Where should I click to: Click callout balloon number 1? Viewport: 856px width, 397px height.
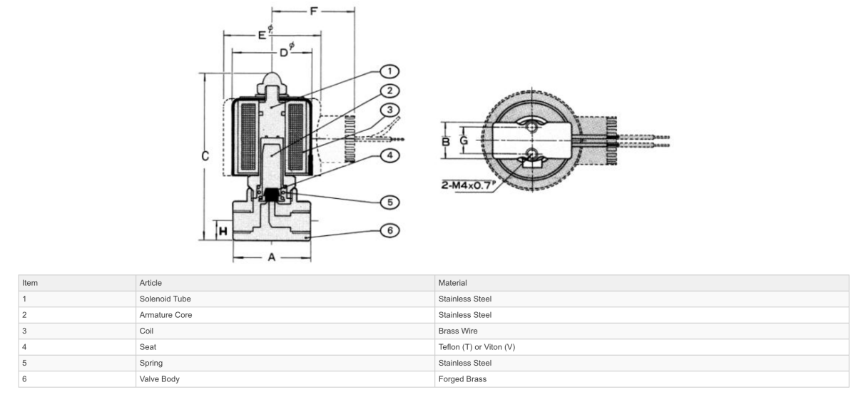[x=389, y=71]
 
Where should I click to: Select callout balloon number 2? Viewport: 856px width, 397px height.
[x=389, y=91]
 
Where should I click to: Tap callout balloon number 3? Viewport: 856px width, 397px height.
[x=389, y=110]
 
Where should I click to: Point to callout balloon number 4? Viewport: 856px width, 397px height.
[x=389, y=155]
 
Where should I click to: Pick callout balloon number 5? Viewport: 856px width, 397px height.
[x=389, y=202]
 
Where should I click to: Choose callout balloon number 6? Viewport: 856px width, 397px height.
[x=389, y=230]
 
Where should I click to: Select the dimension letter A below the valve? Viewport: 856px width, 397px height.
[x=271, y=257]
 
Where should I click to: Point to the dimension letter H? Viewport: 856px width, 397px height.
[x=223, y=231]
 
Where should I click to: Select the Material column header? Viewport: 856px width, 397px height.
[x=452, y=283]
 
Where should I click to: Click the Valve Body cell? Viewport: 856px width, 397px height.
[x=159, y=379]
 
